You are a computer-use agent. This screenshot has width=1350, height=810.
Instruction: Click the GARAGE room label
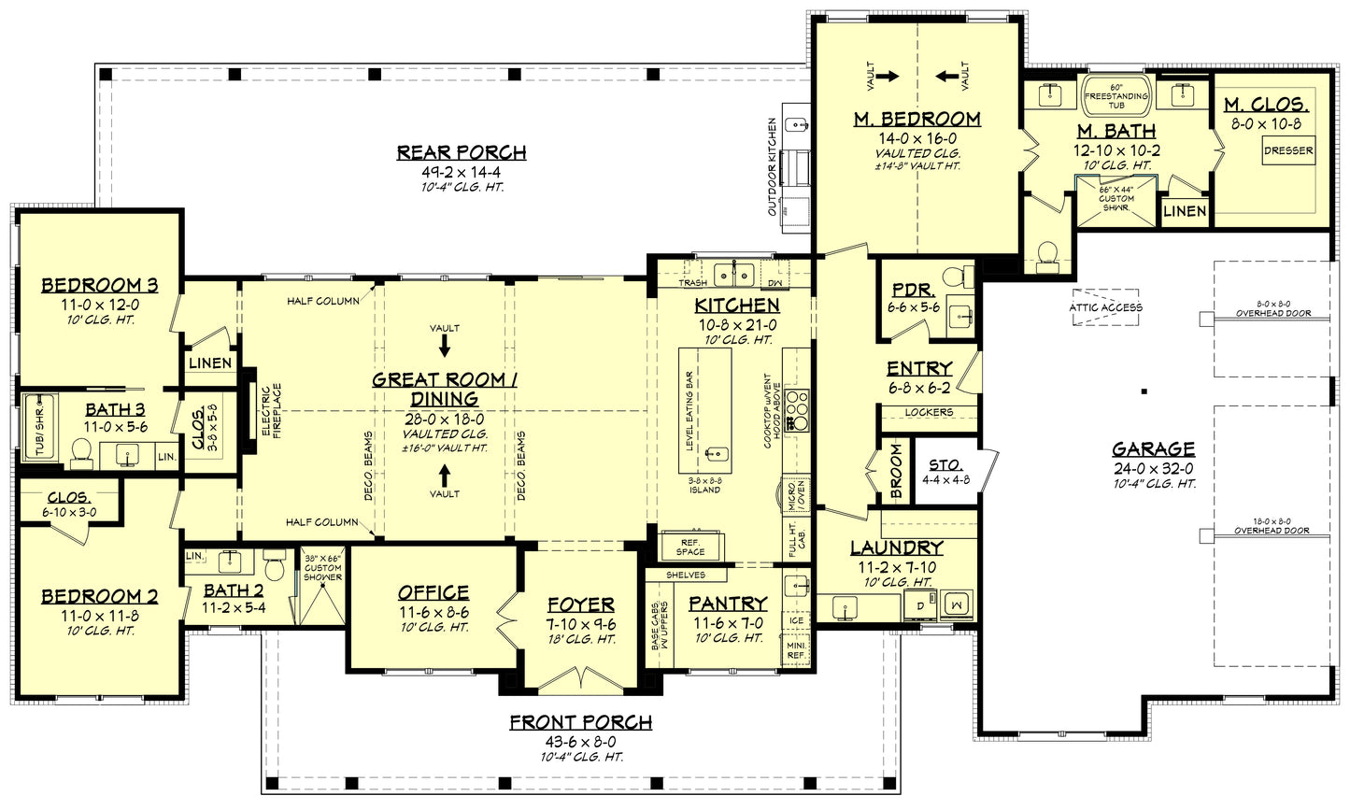pos(1153,448)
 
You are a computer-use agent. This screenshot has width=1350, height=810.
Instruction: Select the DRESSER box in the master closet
pos(1288,150)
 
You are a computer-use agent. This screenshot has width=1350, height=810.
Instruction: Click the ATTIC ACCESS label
pos(1105,307)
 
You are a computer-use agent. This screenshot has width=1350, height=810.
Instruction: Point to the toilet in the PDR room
pos(954,277)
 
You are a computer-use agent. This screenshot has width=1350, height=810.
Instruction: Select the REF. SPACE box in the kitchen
pos(690,546)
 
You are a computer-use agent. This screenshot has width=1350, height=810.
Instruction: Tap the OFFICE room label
pos(433,592)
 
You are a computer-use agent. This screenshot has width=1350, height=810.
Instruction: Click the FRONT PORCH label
pos(580,722)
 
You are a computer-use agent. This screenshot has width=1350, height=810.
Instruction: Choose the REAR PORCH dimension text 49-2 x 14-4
pos(461,172)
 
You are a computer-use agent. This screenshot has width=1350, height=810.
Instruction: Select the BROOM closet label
pos(895,469)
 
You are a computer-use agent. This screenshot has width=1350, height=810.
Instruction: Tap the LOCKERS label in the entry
pos(929,412)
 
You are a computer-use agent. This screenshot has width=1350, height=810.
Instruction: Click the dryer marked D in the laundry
pos(921,604)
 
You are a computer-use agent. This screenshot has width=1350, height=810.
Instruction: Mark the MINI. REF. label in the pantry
pos(796,649)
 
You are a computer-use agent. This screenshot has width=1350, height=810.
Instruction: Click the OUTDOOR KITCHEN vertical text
pos(773,166)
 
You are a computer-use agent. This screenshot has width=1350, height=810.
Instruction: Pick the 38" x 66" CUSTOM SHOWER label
pos(323,567)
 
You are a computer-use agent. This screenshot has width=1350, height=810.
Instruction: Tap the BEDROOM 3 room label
pos(99,285)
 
